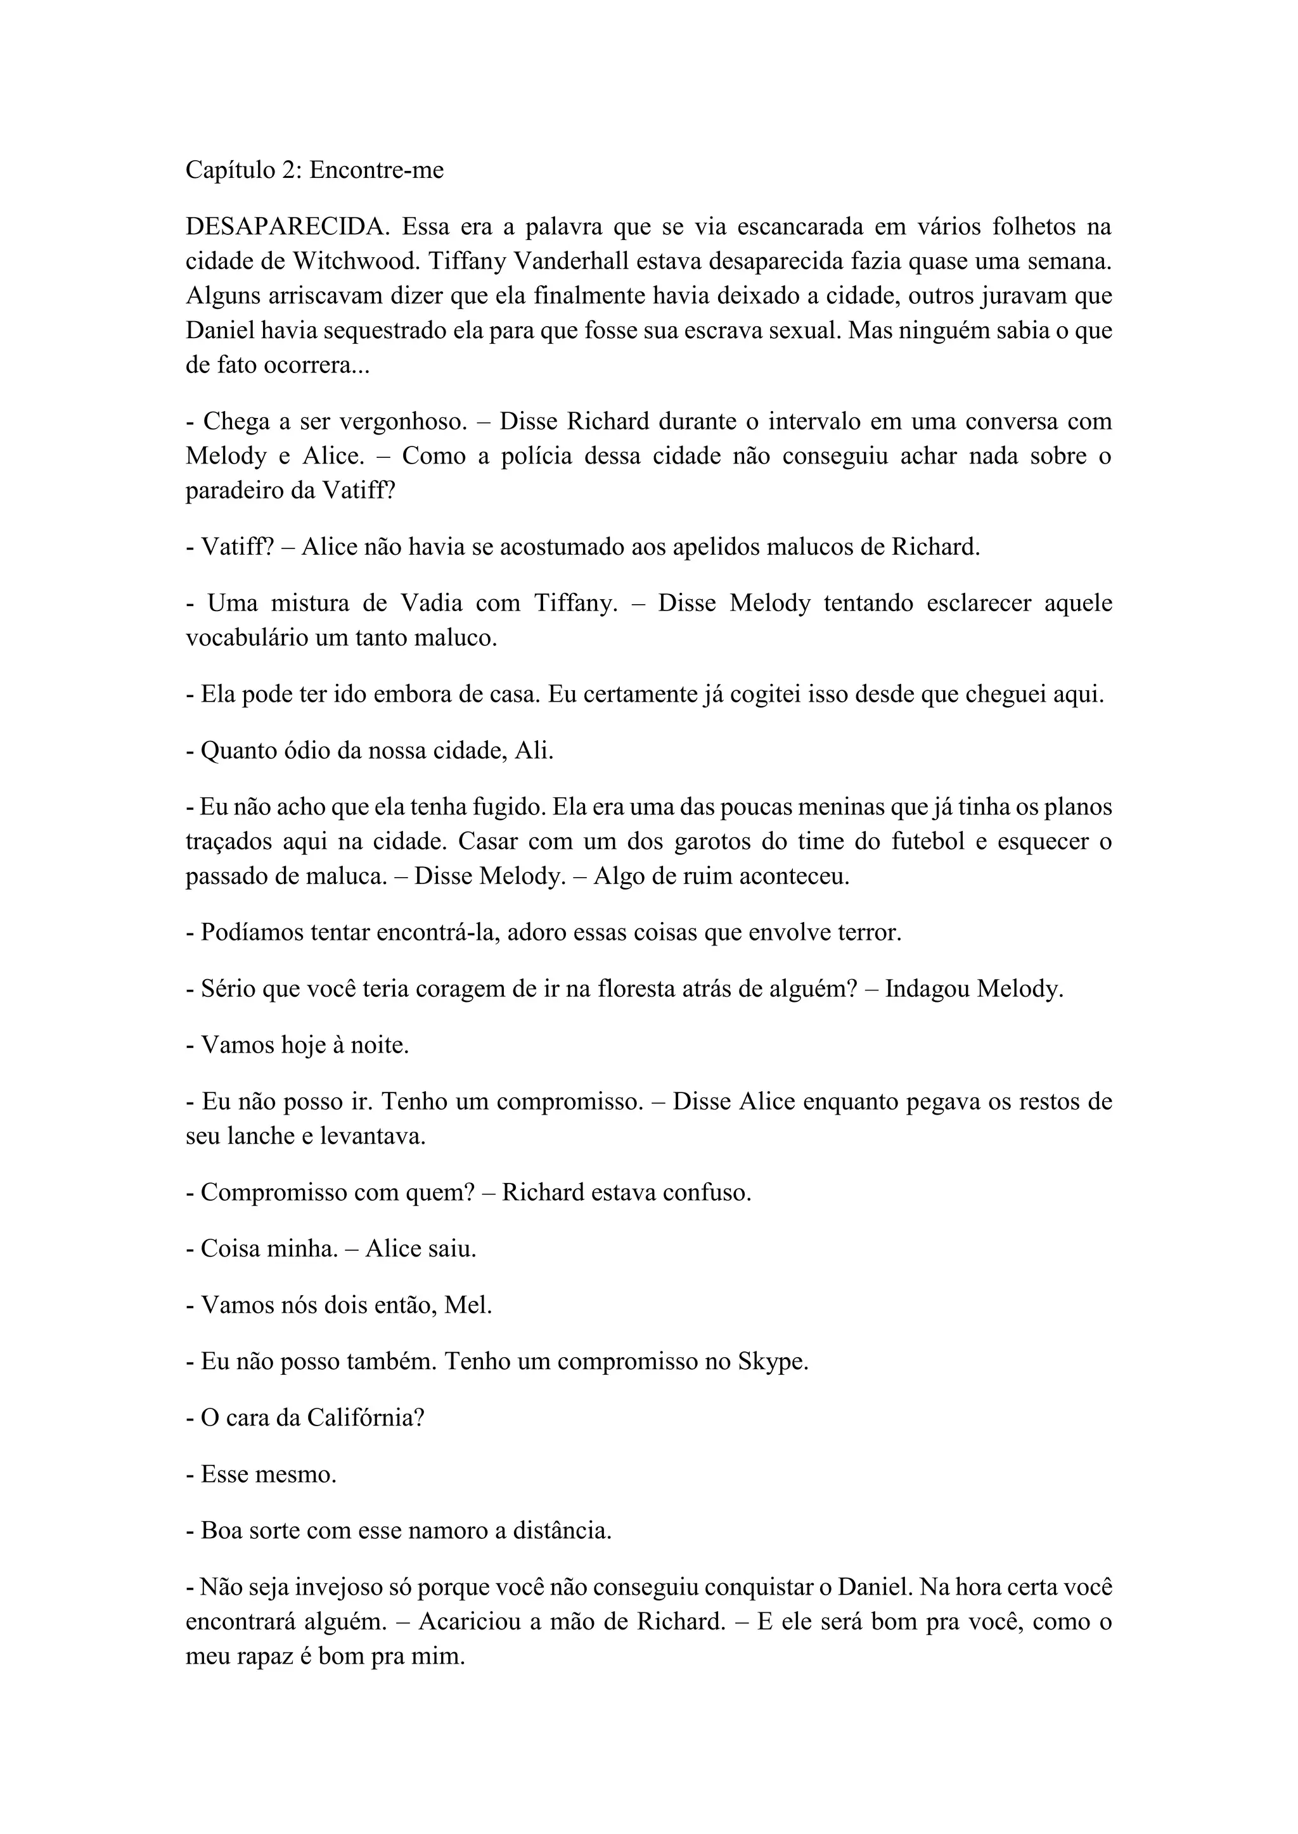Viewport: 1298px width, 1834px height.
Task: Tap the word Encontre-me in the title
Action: [x=376, y=170]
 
